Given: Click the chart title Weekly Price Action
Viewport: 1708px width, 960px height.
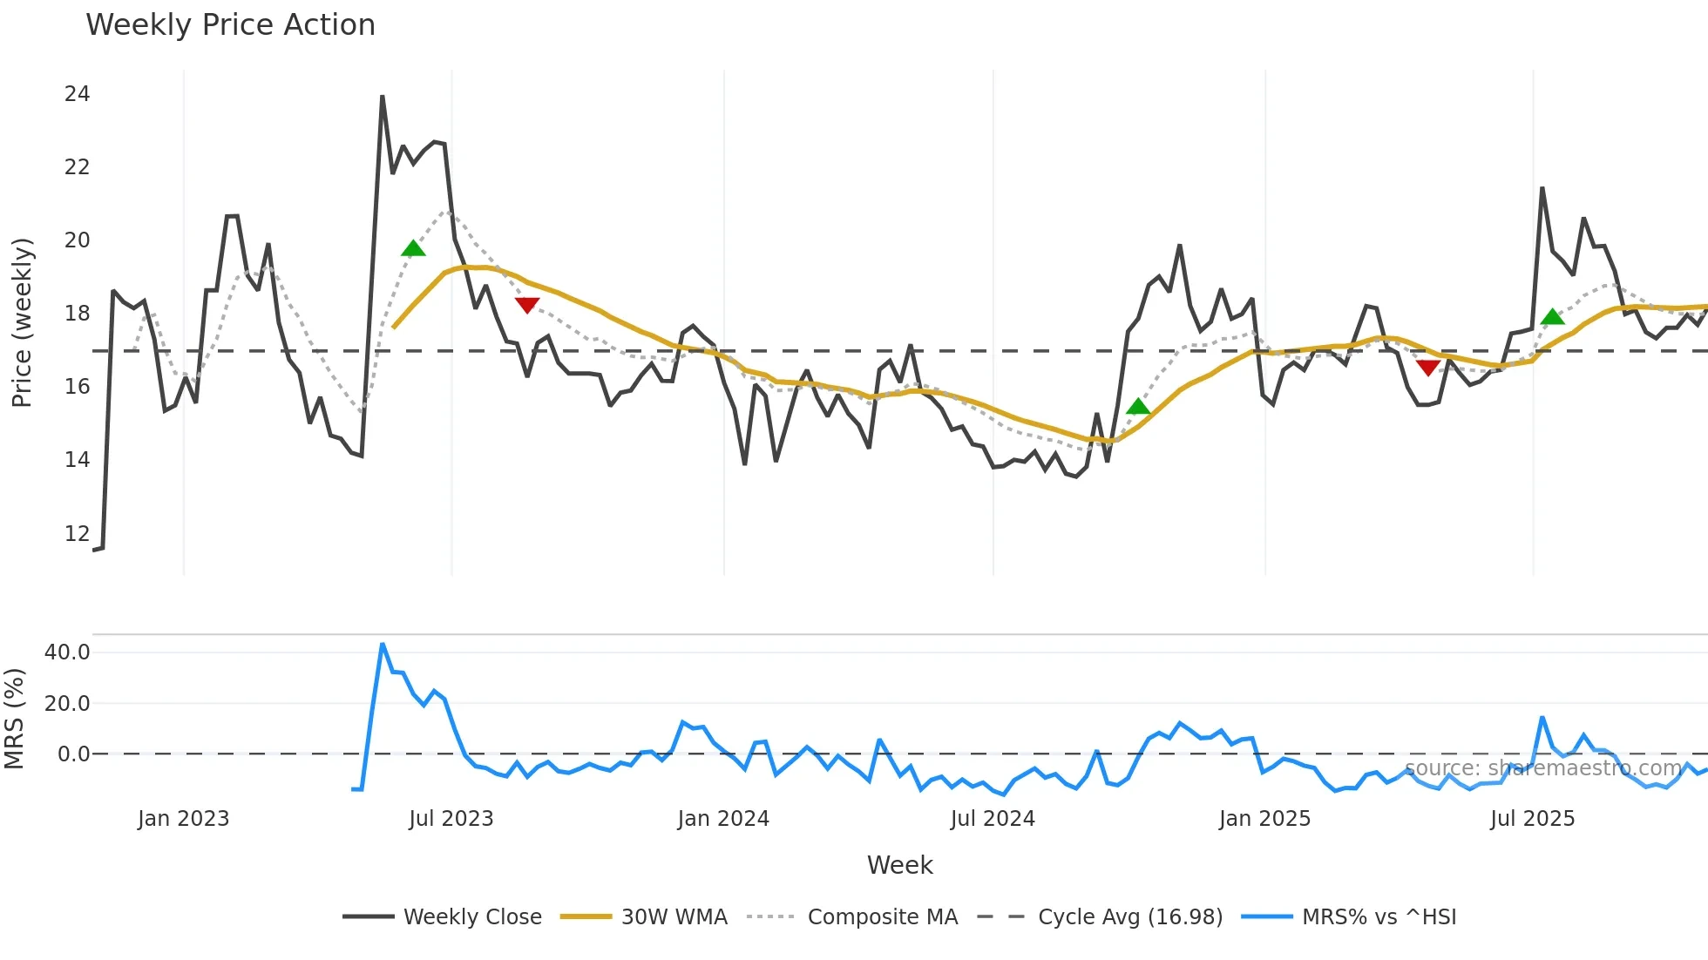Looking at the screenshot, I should [230, 25].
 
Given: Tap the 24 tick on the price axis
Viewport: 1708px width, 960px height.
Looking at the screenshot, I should [77, 94].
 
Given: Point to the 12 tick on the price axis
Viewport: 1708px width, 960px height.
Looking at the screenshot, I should [77, 533].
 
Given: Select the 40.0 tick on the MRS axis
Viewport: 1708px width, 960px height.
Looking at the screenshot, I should [67, 652].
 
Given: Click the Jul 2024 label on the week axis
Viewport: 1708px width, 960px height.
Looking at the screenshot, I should [993, 819].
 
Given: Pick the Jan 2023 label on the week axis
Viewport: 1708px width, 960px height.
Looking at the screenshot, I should [183, 819].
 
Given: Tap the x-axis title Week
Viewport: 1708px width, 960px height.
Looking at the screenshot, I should [899, 865].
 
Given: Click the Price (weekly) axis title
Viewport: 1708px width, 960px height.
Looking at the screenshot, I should [22, 322].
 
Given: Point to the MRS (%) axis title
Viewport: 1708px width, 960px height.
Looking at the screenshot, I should [15, 719].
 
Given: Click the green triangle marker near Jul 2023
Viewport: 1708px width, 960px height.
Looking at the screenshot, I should [413, 249].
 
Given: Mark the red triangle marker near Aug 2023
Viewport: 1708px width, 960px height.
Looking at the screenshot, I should [527, 304].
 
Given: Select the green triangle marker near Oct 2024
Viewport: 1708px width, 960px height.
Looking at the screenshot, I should [1138, 407].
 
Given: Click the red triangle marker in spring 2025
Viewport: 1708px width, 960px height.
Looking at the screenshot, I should [1427, 368].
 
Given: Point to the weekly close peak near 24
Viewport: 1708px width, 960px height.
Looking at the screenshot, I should [383, 97].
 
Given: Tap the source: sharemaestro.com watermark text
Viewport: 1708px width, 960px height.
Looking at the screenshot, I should [1542, 768].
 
